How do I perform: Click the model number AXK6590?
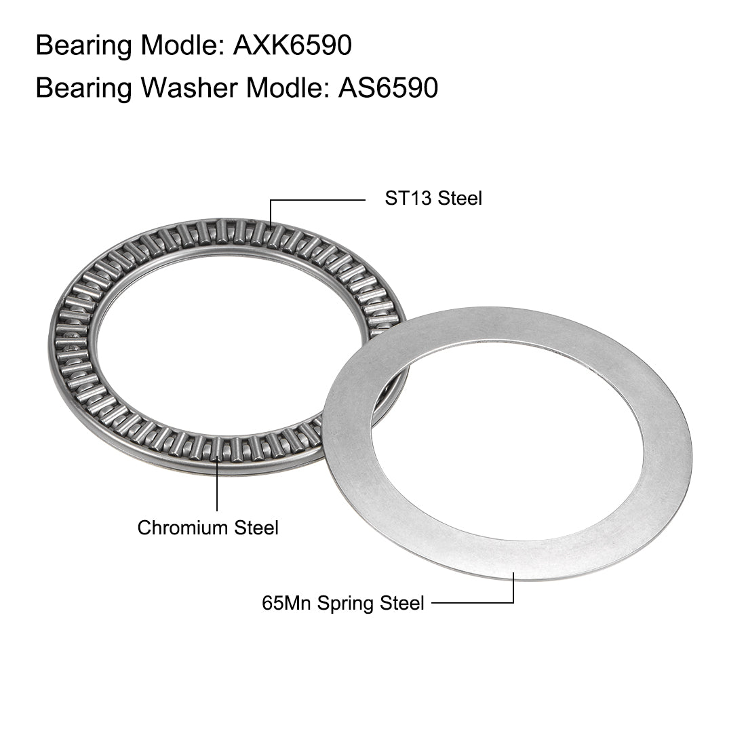point(292,45)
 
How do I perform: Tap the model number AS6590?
point(388,88)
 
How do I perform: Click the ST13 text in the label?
point(408,198)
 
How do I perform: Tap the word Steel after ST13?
point(460,198)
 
